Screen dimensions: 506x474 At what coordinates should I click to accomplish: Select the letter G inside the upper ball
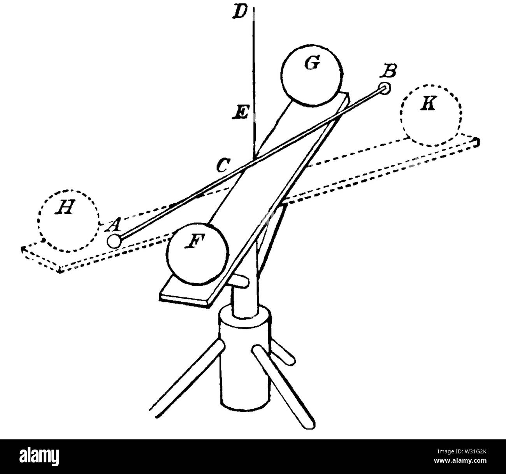click(x=312, y=63)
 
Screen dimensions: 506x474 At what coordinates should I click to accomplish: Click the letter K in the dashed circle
click(x=428, y=104)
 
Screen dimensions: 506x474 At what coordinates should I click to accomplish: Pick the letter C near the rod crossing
click(x=223, y=165)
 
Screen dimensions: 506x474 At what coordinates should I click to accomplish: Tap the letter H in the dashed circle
click(x=65, y=207)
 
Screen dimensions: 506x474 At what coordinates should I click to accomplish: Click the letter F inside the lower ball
click(x=195, y=241)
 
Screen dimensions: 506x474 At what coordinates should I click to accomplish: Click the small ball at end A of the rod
click(x=114, y=241)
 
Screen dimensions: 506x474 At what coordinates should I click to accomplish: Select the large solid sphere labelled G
click(x=312, y=75)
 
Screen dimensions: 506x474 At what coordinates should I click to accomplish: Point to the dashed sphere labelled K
click(x=430, y=115)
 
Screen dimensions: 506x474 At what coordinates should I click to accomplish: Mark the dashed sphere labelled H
click(x=68, y=221)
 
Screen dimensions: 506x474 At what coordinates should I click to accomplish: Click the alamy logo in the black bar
click(x=39, y=457)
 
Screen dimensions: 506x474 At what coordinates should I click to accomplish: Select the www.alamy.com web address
click(x=460, y=460)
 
